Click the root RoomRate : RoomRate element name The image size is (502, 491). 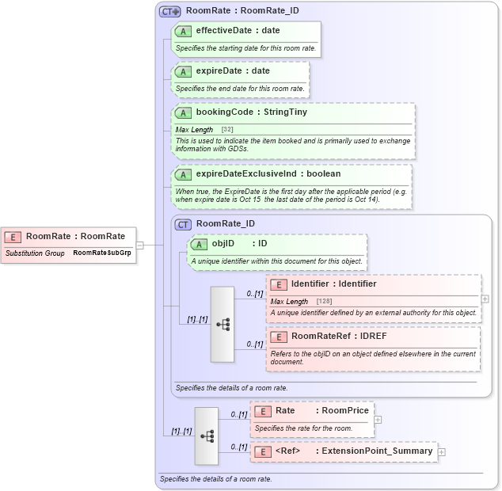click(75, 236)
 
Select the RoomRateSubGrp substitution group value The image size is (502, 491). click(101, 253)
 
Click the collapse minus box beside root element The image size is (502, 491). click(139, 245)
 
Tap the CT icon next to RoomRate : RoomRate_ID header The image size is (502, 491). click(169, 12)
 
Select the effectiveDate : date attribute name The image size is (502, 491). click(238, 31)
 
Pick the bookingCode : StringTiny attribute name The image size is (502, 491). click(251, 112)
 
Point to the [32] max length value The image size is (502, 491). click(227, 129)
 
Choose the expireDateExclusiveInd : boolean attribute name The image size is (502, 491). click(268, 174)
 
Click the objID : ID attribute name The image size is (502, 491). click(239, 244)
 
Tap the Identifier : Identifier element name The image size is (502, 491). click(333, 284)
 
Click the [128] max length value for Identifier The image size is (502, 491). click(324, 302)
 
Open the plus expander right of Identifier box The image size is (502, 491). click(485, 299)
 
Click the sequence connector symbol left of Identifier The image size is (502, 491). click(222, 324)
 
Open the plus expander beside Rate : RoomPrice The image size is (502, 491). click(378, 420)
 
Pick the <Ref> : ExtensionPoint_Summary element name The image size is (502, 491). click(353, 451)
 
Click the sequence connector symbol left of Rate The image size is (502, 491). click(207, 436)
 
